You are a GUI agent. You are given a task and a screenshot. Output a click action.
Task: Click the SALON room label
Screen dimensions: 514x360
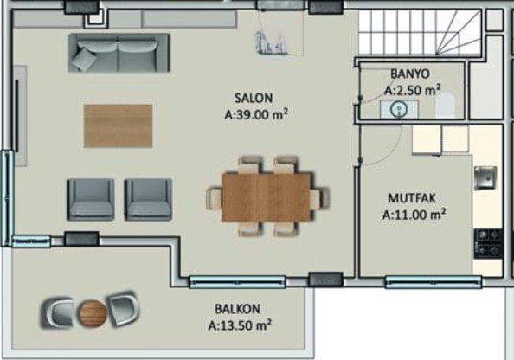pos(254,98)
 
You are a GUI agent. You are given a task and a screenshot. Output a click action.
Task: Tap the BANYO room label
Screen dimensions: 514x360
pos(410,74)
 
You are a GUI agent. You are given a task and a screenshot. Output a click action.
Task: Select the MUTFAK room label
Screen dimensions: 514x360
pos(412,198)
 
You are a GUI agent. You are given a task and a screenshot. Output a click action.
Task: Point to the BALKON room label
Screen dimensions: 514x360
pos(237,309)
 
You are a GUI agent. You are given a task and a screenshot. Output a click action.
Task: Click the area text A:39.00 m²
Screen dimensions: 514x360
pos(256,115)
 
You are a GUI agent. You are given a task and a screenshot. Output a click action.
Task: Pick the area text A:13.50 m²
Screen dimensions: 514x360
pos(240,325)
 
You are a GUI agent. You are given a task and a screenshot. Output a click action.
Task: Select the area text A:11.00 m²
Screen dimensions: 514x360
pos(414,215)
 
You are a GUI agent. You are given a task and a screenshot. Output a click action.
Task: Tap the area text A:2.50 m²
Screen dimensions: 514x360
pos(413,90)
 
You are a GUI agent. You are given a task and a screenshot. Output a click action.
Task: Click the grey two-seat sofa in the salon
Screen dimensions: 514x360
pos(119,53)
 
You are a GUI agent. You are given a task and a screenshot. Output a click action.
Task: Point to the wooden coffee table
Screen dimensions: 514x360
pos(118,125)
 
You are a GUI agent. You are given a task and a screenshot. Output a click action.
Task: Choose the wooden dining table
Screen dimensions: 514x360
pos(267,197)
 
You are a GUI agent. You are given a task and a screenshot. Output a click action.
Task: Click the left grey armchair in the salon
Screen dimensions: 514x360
pos(91,199)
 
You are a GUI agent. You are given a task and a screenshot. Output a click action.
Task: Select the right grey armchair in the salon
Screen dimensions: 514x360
pos(148,199)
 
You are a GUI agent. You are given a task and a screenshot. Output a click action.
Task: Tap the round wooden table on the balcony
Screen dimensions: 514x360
pos(93,313)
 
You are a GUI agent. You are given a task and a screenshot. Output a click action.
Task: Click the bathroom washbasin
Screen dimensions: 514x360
pos(399,109)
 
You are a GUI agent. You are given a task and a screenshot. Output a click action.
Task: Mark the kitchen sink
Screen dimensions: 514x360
pos(485,177)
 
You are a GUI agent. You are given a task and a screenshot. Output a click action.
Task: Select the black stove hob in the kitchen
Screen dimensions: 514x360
pos(488,243)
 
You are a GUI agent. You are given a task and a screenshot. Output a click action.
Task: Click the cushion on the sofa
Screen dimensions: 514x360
pos(84,59)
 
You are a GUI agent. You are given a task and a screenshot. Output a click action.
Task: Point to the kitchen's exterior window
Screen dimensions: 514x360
pos(434,282)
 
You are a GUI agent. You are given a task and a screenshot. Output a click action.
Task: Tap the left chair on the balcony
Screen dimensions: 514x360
pos(58,312)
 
